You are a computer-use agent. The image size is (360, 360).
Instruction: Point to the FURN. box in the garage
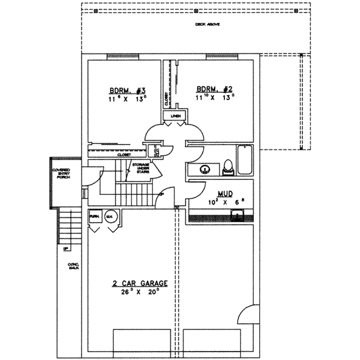tap(94, 216)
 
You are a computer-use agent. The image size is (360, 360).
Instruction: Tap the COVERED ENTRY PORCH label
tap(61, 178)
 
